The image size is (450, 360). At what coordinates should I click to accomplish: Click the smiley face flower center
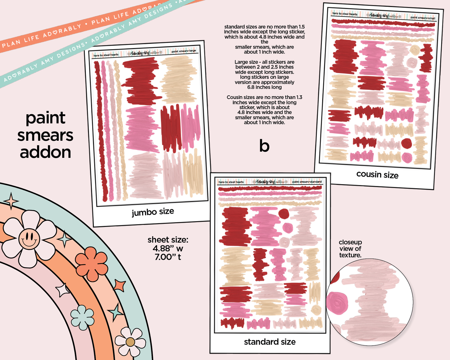29,239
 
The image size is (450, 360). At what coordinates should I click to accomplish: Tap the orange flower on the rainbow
91,263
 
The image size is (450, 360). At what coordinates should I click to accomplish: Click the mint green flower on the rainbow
82,317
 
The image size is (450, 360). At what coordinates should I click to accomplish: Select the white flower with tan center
130,342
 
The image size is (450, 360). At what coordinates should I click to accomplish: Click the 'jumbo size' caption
153,212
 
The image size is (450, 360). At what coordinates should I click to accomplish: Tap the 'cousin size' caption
377,175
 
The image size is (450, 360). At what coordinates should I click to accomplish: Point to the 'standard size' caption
270,342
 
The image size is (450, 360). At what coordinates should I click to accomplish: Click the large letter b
264,146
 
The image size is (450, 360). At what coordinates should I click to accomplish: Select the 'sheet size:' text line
168,240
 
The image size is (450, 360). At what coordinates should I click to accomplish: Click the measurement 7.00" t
168,257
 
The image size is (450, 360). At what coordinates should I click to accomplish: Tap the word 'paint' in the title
45,118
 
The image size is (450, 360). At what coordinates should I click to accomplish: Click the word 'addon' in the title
45,152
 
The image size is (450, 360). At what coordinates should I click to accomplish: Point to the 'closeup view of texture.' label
350,249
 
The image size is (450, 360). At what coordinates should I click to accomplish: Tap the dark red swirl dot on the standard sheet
284,214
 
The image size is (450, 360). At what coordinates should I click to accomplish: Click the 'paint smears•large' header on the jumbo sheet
184,51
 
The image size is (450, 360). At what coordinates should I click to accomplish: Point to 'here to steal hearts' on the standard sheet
231,182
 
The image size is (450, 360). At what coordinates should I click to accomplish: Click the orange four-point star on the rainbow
119,286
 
